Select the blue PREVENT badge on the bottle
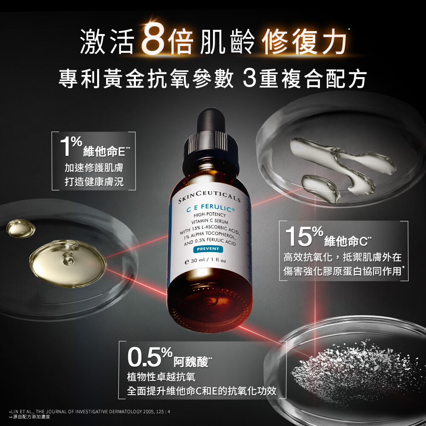(209, 249)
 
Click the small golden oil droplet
(20, 228)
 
